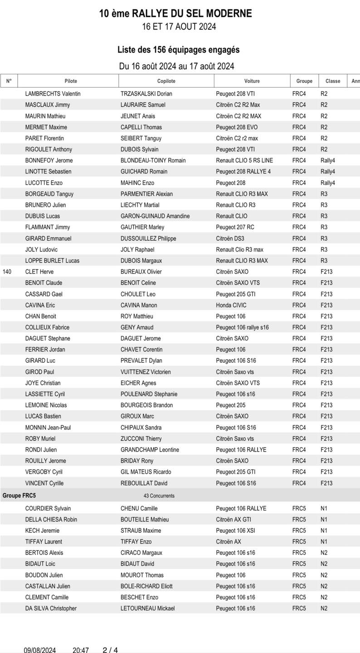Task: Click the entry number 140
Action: (7, 272)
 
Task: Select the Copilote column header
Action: (166, 81)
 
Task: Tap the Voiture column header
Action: (252, 81)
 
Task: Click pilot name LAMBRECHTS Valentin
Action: (53, 94)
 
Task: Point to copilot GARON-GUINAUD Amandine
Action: (155, 216)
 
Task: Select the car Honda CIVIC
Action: (232, 305)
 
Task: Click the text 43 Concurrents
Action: (159, 496)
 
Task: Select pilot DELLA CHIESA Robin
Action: (51, 520)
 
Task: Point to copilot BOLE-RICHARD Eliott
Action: (146, 586)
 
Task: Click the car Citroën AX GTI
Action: (233, 520)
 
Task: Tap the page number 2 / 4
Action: (110, 650)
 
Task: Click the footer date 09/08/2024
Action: (40, 650)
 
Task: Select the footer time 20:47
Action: (81, 650)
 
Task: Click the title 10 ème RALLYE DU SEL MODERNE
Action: (175, 14)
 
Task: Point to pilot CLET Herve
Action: (39, 272)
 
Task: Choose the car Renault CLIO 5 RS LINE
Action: (244, 161)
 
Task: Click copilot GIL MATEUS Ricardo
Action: (146, 472)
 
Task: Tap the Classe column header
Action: (332, 81)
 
